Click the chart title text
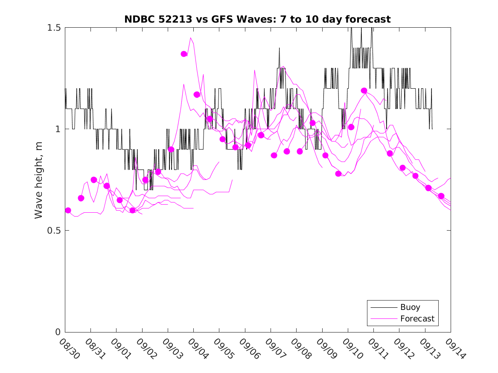point(257,19)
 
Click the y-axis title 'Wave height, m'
point(39,180)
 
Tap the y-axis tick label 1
point(57,129)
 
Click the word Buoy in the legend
point(410,307)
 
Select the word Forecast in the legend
point(417,318)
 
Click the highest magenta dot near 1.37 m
point(184,54)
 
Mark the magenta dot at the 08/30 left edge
point(68,211)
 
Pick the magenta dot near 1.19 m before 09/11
point(364,91)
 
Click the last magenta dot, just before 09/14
point(441,196)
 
